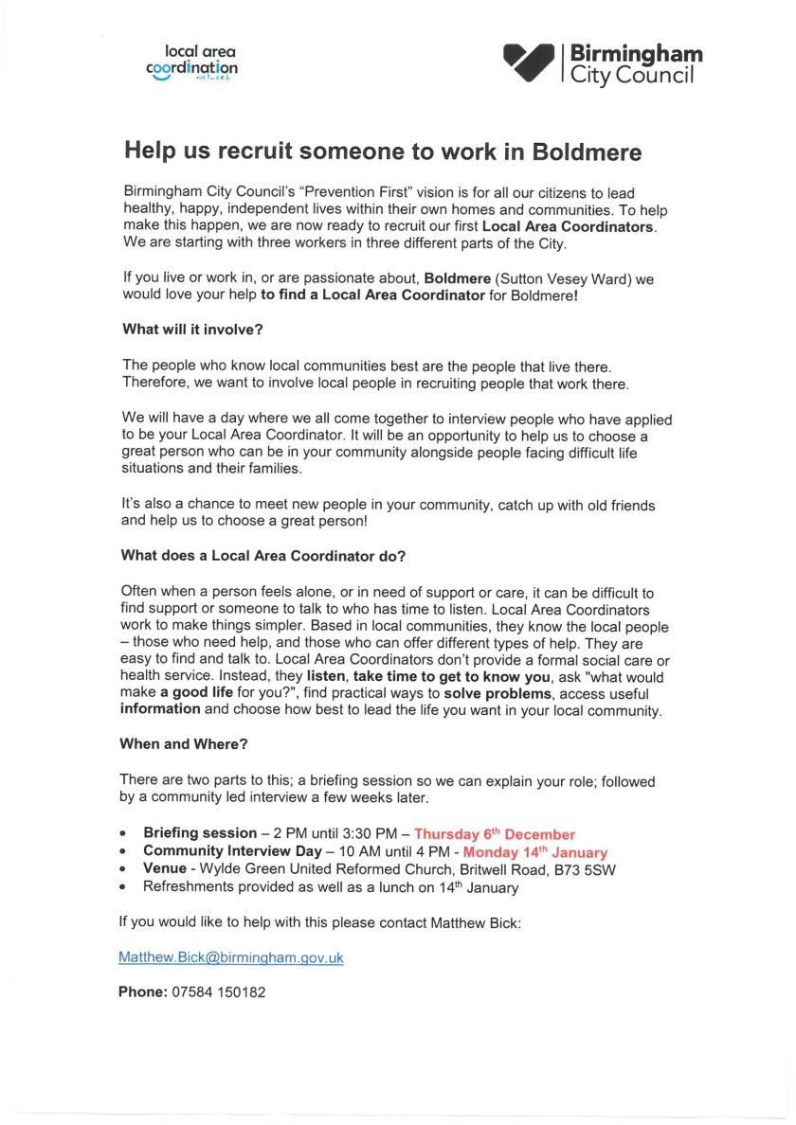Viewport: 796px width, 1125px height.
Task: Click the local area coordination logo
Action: (191, 62)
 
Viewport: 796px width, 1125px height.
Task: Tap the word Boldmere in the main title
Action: (587, 152)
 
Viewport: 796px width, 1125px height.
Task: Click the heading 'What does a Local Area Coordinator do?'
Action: (262, 555)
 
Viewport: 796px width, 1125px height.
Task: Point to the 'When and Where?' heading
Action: (177, 744)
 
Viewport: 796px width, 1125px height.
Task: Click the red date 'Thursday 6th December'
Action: (494, 834)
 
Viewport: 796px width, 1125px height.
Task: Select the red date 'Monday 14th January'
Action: (534, 852)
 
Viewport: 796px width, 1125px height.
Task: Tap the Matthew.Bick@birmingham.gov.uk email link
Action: (230, 958)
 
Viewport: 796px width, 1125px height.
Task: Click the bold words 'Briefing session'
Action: (199, 834)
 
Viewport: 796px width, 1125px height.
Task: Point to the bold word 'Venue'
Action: (164, 869)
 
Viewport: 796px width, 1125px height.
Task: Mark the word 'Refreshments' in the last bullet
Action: (187, 887)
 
